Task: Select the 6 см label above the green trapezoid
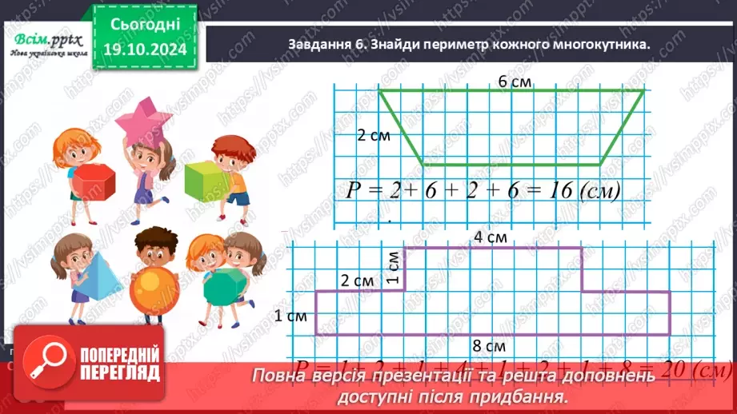pos(515,82)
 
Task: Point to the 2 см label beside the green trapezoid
pos(374,136)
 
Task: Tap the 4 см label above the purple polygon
pos(489,237)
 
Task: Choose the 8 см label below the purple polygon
pos(489,347)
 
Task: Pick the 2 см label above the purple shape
pos(357,281)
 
